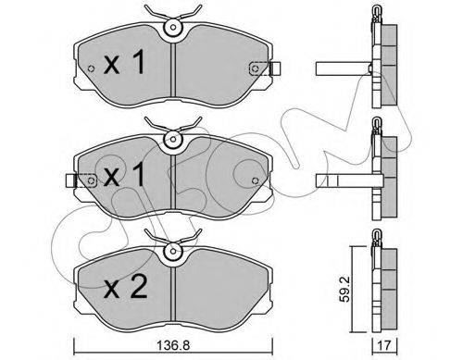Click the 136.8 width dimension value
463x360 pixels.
pos(173,346)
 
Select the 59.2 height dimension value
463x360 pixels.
pos(345,289)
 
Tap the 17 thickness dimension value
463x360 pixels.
pos(384,345)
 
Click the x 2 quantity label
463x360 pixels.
pos(125,287)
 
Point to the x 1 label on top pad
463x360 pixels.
pos(124,63)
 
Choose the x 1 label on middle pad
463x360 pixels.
pos(124,175)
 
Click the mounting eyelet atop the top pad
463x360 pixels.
pos(173,27)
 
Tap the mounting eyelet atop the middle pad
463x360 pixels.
pos(173,139)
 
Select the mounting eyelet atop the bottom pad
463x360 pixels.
pos(173,251)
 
